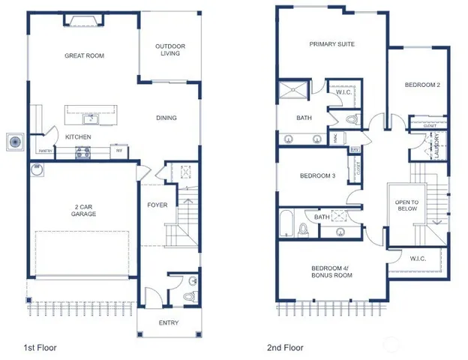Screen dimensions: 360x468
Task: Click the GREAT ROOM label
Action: (84, 55)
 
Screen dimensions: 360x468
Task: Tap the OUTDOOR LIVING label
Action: (170, 50)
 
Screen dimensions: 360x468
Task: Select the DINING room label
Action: (166, 118)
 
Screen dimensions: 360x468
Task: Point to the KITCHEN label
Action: (78, 136)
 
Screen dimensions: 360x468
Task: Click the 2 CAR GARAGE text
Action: (85, 210)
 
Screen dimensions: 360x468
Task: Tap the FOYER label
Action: (157, 205)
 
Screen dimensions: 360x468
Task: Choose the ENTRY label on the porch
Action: (169, 323)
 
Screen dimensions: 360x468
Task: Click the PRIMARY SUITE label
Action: (331, 44)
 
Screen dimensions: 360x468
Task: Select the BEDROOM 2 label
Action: (421, 85)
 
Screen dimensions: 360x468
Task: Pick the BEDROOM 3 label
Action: (317, 176)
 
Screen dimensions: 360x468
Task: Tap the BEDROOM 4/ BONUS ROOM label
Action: (331, 271)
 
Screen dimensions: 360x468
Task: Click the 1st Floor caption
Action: (39, 348)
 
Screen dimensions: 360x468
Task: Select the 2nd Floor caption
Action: (286, 348)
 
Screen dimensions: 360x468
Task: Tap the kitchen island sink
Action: (91, 117)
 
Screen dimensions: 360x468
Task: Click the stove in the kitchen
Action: (82, 152)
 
